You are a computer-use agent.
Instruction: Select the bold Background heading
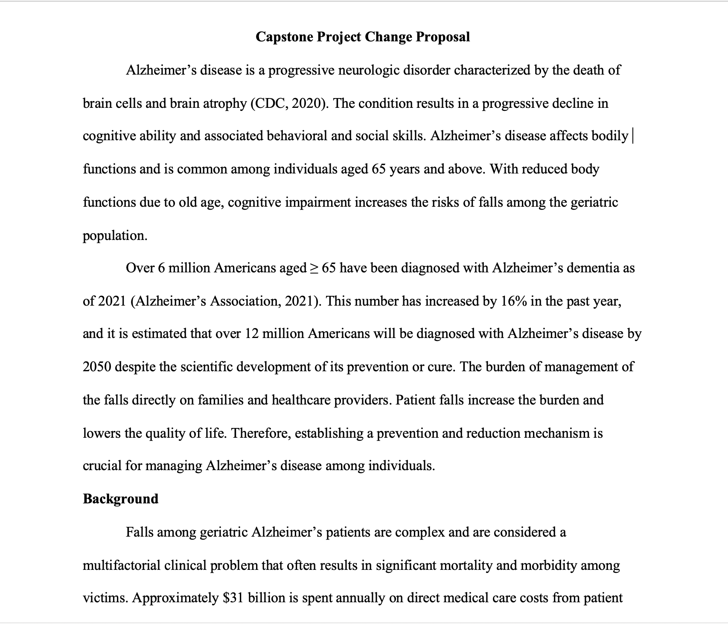[120, 499]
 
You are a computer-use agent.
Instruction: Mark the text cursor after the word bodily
[633, 136]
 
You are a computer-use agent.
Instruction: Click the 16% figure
[515, 301]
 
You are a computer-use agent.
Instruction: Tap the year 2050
[97, 367]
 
